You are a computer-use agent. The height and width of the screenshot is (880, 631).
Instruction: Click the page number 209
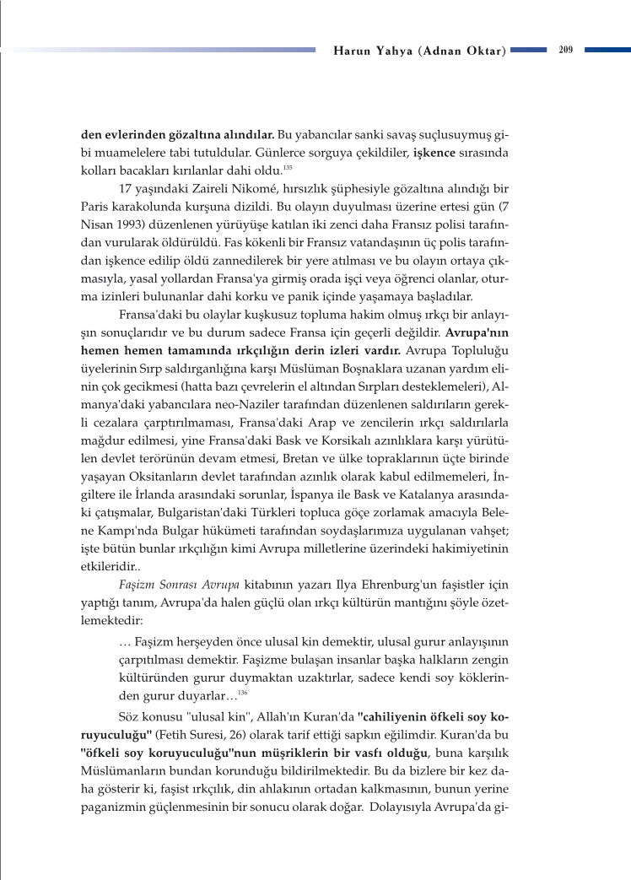click(566, 50)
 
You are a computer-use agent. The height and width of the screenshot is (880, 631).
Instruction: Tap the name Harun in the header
click(354, 51)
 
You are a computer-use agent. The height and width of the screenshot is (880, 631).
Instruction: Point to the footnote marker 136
click(242, 693)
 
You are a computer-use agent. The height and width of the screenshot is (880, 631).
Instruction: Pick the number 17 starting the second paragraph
click(127, 187)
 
